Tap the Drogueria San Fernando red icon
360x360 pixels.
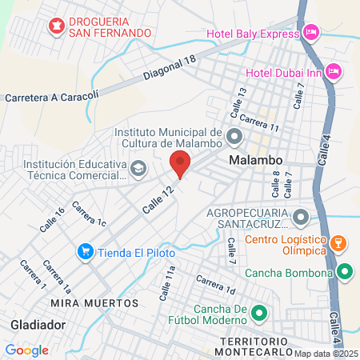click(x=57, y=27)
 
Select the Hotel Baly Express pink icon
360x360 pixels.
click(x=310, y=33)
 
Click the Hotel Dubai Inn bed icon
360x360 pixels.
click(x=334, y=72)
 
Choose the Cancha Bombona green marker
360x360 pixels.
click(x=345, y=273)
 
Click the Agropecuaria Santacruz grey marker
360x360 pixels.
click(x=301, y=216)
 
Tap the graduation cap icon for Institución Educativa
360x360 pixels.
click(x=139, y=168)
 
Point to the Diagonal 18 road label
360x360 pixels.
click(x=170, y=70)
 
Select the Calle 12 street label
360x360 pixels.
click(x=158, y=199)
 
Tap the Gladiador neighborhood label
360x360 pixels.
click(x=38, y=324)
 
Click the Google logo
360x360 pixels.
click(x=26, y=350)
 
